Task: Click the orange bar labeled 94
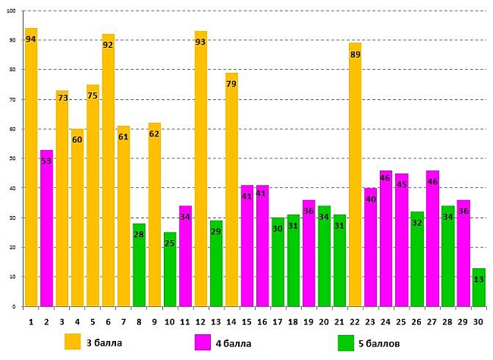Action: (x=31, y=167)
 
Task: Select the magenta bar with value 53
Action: (x=46, y=227)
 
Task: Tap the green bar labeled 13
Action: (x=479, y=287)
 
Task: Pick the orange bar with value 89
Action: (x=355, y=174)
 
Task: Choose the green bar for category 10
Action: (x=170, y=269)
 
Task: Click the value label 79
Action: (x=231, y=83)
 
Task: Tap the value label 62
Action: (x=154, y=133)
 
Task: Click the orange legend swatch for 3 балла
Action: (x=73, y=342)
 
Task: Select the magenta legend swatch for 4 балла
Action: (x=204, y=342)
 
